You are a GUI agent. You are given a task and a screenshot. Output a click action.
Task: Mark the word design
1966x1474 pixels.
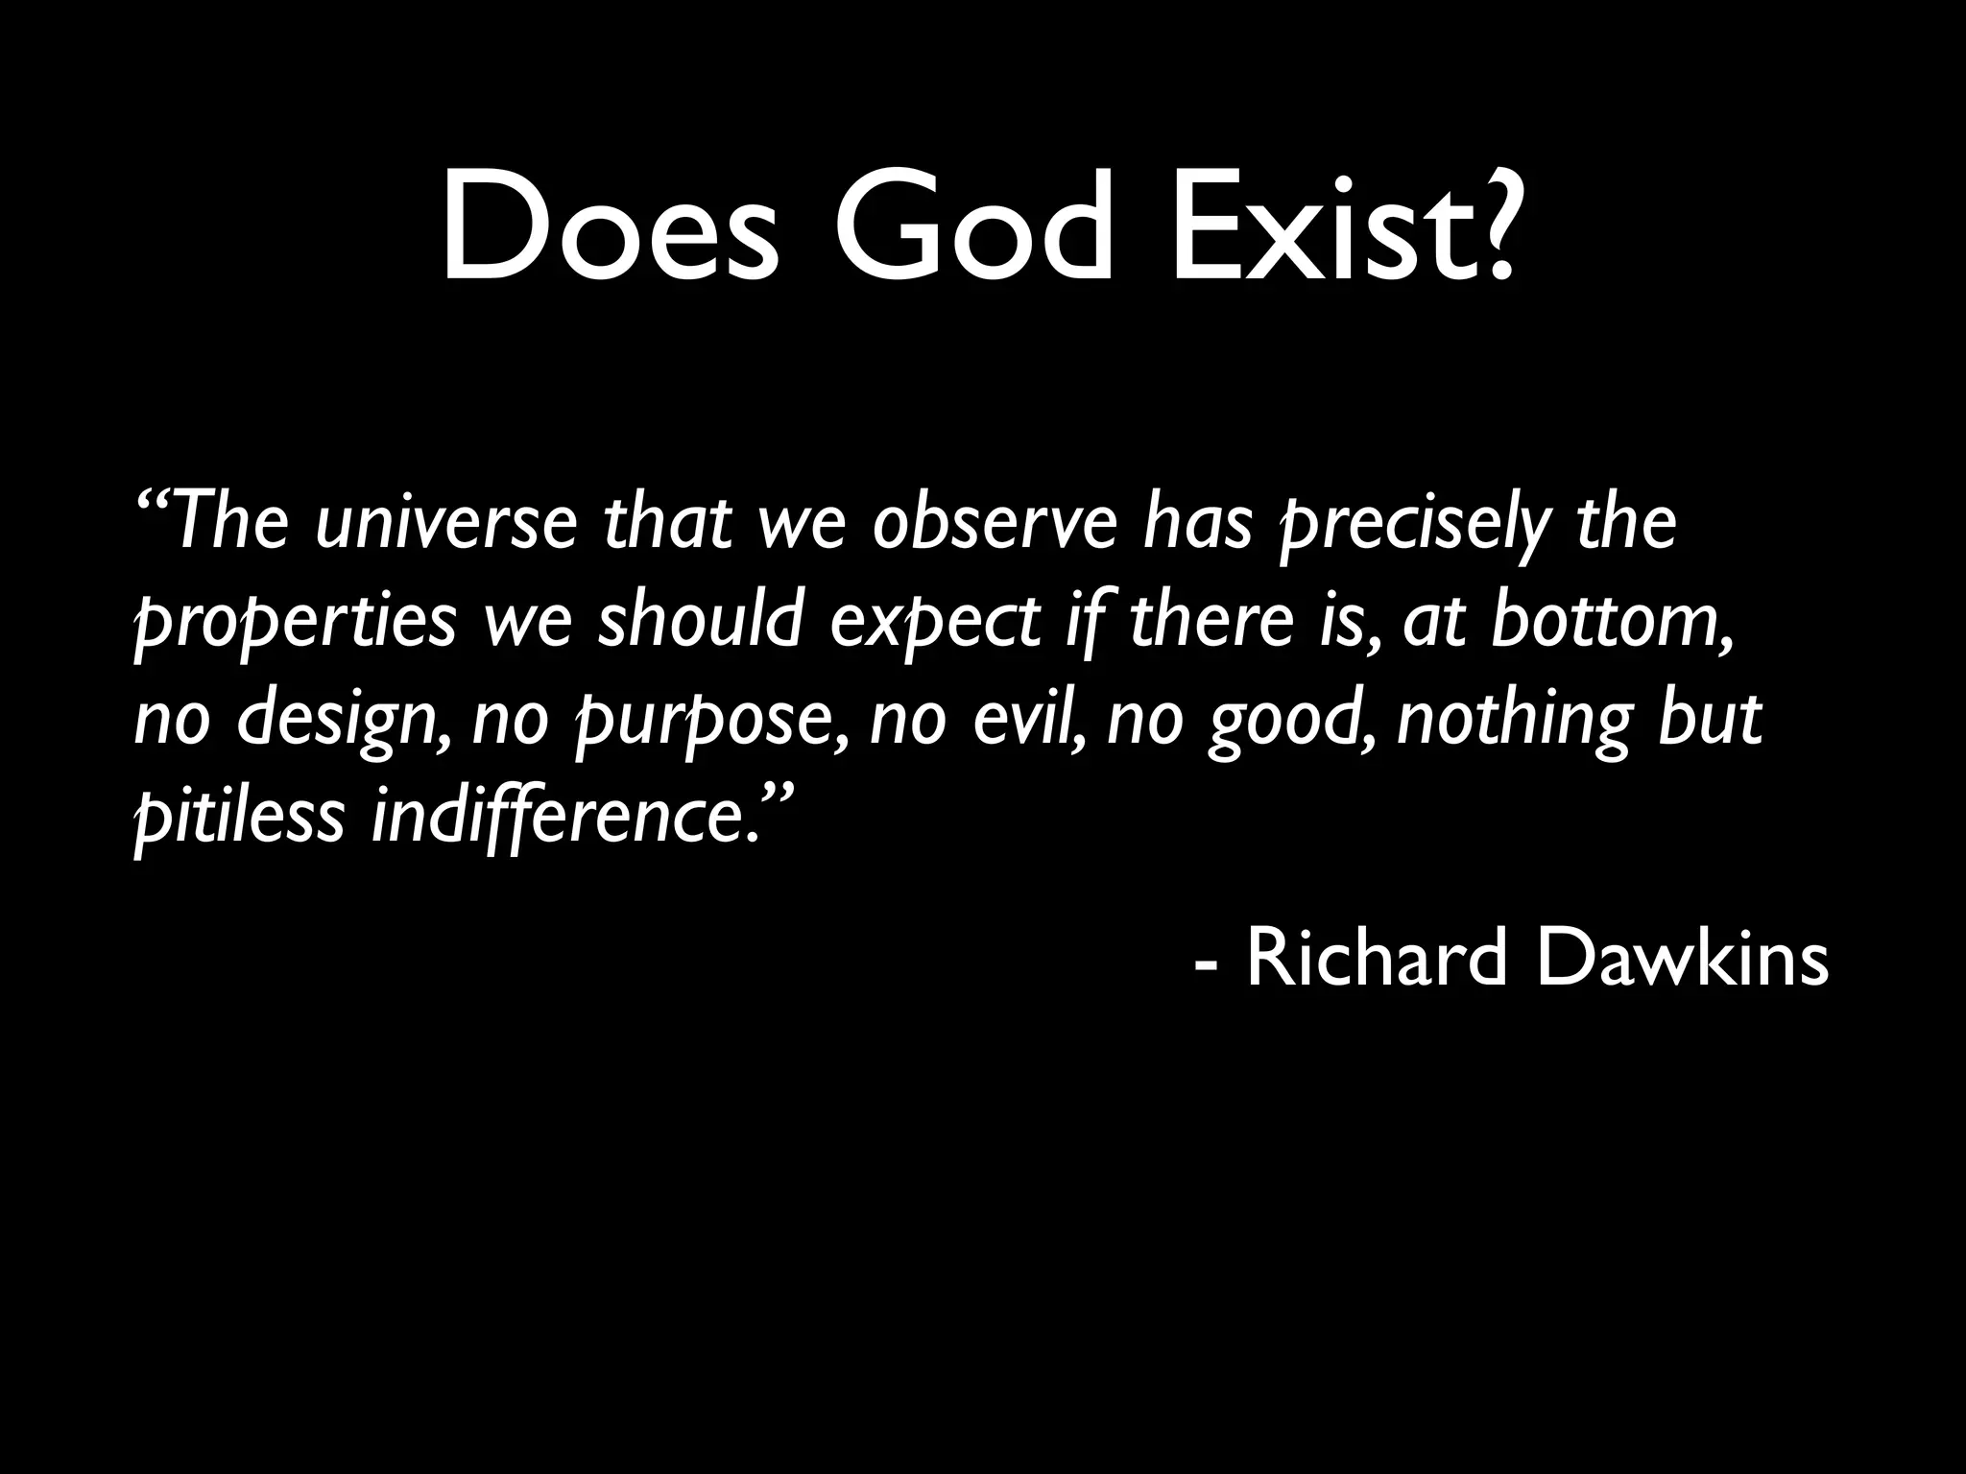341,722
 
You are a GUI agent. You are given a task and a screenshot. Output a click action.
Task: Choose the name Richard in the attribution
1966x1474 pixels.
1377,961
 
